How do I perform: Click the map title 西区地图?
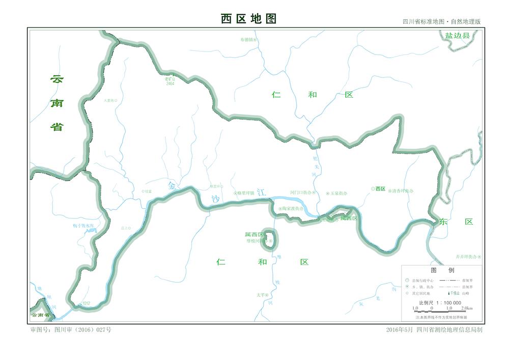(x=248, y=19)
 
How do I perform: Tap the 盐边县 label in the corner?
(x=458, y=36)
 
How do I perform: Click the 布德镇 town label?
(x=246, y=39)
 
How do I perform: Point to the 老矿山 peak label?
(x=169, y=79)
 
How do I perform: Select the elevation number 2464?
(x=170, y=84)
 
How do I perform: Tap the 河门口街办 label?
(x=300, y=193)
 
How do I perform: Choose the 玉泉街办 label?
(x=338, y=193)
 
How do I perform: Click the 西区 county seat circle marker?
(x=373, y=189)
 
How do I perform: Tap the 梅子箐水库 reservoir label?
(x=83, y=225)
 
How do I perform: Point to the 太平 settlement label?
(x=261, y=295)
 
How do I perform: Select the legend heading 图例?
(x=442, y=270)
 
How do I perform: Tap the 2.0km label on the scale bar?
(x=466, y=308)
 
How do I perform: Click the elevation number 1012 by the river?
(x=86, y=303)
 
